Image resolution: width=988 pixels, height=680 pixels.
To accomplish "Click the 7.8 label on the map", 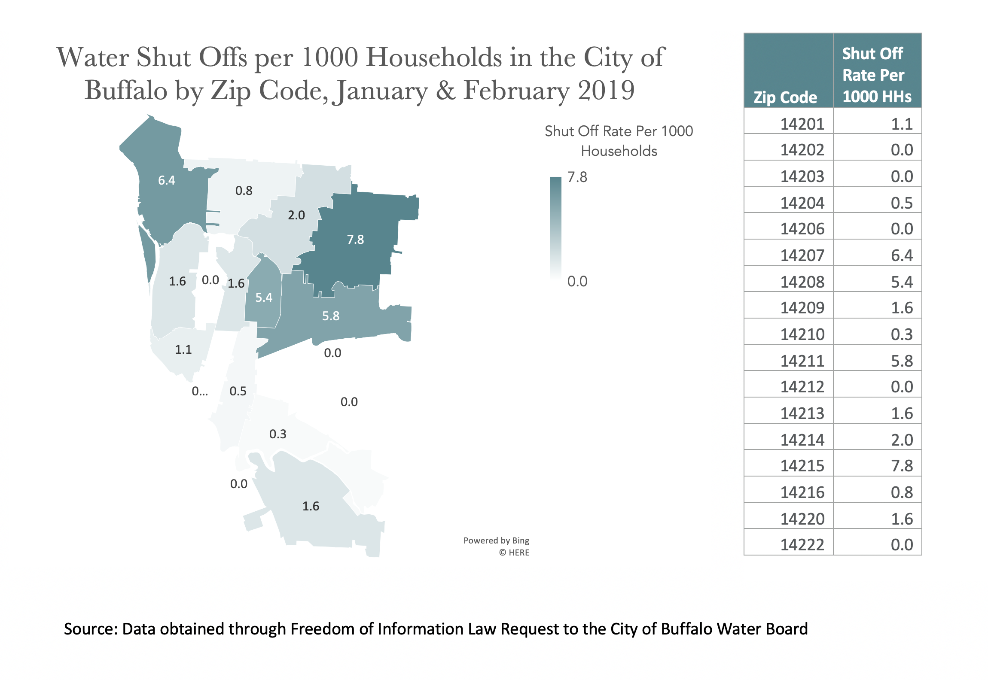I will tap(355, 240).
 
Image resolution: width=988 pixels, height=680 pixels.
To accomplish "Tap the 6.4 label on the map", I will tap(167, 180).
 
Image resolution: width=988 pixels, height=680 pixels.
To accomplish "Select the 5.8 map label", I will tap(331, 316).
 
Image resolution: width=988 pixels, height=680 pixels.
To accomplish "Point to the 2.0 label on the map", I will tap(296, 215).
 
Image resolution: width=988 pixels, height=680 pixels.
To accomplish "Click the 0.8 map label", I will tap(244, 191).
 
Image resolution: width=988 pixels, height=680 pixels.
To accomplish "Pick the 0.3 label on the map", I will tap(278, 434).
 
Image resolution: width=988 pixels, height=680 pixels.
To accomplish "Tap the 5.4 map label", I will tap(264, 297).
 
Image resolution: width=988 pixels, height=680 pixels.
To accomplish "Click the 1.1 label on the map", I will tap(183, 349).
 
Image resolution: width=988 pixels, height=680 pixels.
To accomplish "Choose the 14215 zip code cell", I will tap(802, 466).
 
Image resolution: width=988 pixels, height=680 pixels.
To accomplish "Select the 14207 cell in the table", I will tap(802, 255).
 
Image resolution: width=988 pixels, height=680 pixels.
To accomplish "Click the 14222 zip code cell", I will tap(802, 545).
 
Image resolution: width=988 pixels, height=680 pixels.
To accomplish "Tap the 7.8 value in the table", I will tap(902, 466).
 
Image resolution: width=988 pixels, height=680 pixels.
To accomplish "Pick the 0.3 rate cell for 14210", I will tap(902, 334).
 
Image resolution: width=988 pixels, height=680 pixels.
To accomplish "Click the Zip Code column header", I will tap(785, 97).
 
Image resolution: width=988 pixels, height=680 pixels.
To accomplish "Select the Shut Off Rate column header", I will tap(876, 75).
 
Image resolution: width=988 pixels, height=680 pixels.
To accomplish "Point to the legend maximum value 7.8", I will tap(577, 177).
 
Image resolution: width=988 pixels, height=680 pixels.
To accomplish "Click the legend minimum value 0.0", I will tap(577, 281).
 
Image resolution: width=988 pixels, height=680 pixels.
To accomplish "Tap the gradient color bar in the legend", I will tap(556, 228).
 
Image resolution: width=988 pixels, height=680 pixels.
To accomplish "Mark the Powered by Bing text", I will tap(496, 540).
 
